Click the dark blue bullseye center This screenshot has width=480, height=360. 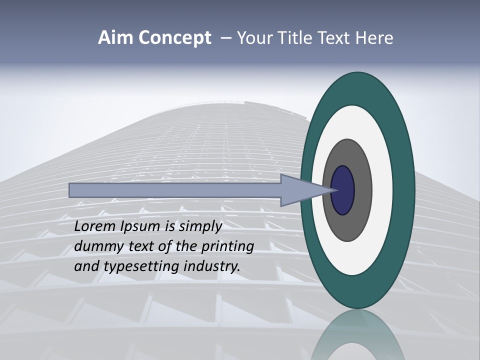(343, 190)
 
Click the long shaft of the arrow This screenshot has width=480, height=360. (175, 190)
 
